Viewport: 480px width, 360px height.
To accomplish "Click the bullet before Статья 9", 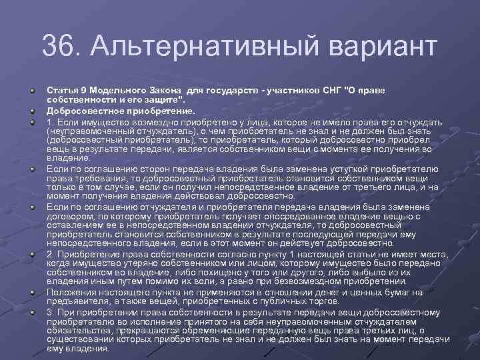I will pos(32,89).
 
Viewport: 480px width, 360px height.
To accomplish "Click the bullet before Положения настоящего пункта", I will pos(32,291).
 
